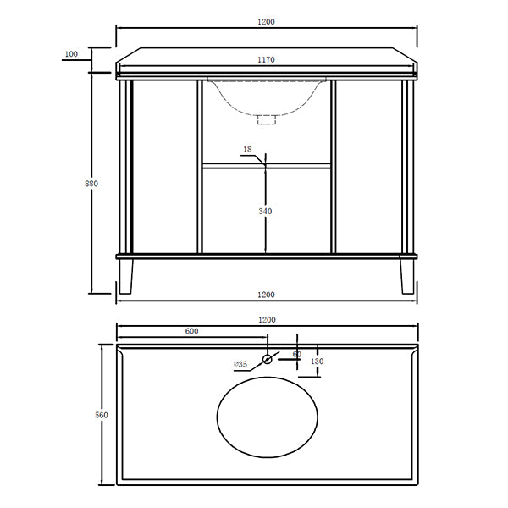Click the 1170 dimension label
point(268,60)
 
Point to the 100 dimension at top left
point(70,54)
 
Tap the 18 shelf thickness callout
point(247,150)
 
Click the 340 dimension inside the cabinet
point(267,212)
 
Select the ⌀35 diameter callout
point(240,365)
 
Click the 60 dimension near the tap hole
point(296,355)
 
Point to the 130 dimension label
point(317,362)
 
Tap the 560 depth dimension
point(102,415)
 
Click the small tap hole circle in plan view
point(268,359)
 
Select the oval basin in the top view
point(268,418)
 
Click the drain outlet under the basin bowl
point(268,120)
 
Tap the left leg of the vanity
point(128,275)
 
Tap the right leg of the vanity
point(407,275)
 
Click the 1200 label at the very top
point(268,20)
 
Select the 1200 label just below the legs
point(268,295)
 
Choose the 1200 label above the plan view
point(268,320)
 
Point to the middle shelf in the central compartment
point(267,166)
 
